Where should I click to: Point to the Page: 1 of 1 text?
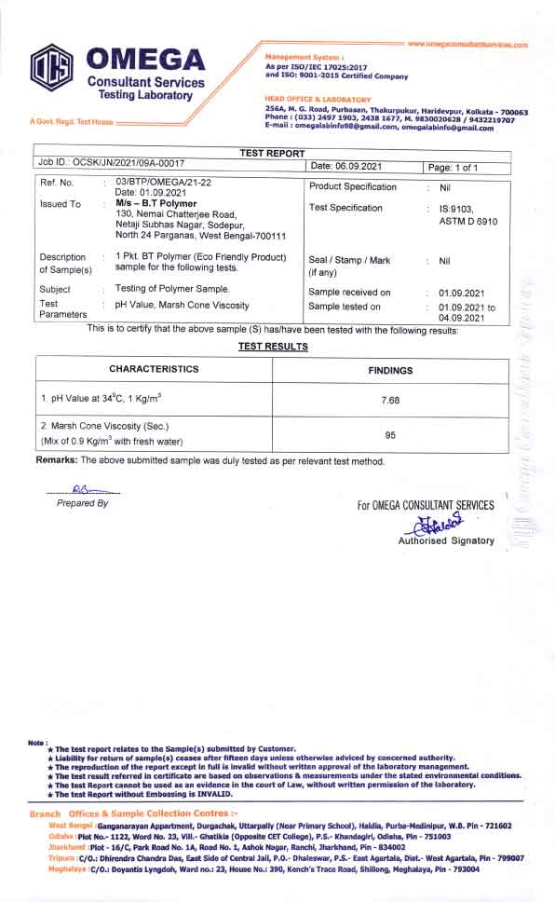pyautogui.click(x=453, y=167)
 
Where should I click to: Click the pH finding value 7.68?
pyautogui.click(x=390, y=400)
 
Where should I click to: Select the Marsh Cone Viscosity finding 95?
pyautogui.click(x=390, y=434)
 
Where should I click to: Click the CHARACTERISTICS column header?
pyautogui.click(x=154, y=369)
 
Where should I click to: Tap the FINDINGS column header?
pyautogui.click(x=390, y=370)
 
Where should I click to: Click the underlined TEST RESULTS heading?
pyautogui.click(x=273, y=347)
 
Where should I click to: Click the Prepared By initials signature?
pyautogui.click(x=82, y=488)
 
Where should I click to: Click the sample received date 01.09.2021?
pyautogui.click(x=457, y=292)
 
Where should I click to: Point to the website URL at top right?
pyautogui.click(x=467, y=45)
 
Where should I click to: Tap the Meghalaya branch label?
pyautogui.click(x=68, y=869)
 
